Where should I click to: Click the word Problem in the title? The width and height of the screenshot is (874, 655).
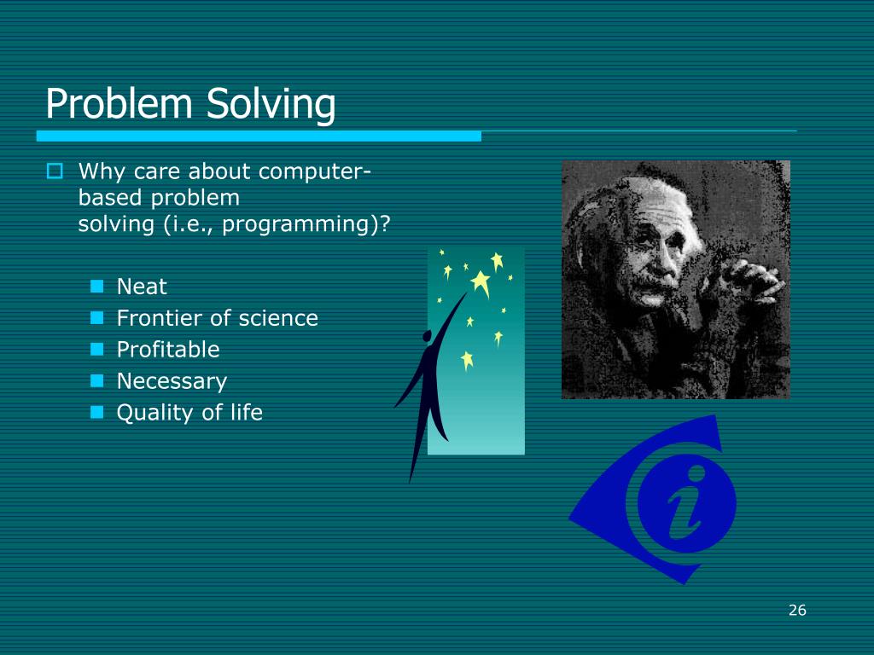click(119, 103)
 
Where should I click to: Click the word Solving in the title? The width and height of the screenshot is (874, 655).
click(271, 106)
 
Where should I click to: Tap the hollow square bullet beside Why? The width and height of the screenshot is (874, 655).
click(55, 171)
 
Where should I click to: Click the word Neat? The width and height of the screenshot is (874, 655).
click(142, 287)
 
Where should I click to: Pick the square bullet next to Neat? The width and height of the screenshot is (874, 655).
click(97, 287)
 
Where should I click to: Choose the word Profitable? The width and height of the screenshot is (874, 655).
click(168, 349)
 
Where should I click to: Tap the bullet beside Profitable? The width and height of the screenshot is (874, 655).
click(97, 349)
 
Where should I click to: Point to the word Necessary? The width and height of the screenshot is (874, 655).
click(172, 381)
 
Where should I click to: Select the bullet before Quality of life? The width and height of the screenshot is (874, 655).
click(97, 412)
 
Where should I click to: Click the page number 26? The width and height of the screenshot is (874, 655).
click(798, 610)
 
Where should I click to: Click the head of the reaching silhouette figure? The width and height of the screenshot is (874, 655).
click(427, 336)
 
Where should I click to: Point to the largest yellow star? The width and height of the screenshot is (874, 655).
click(481, 283)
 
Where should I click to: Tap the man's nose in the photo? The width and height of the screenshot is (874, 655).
click(661, 261)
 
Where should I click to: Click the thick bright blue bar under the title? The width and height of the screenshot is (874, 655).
click(259, 136)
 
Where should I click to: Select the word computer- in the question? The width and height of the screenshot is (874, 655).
click(315, 171)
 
